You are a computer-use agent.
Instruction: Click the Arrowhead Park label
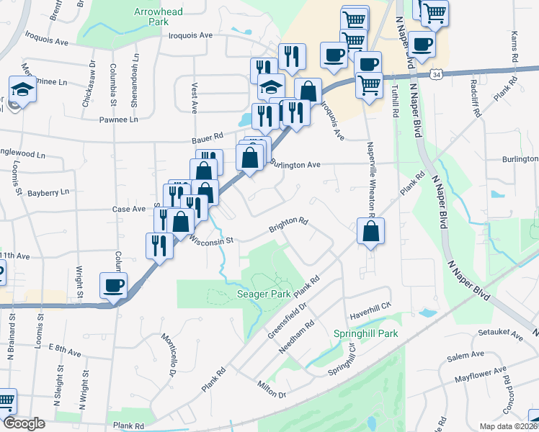159,17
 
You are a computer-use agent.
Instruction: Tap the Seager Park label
264,294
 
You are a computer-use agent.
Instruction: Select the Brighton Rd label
289,225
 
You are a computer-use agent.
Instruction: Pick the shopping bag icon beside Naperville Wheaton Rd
370,232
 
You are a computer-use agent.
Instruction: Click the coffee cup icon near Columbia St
114,285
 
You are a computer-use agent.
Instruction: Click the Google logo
24,423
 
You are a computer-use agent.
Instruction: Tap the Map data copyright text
509,426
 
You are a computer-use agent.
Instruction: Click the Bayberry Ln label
48,192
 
